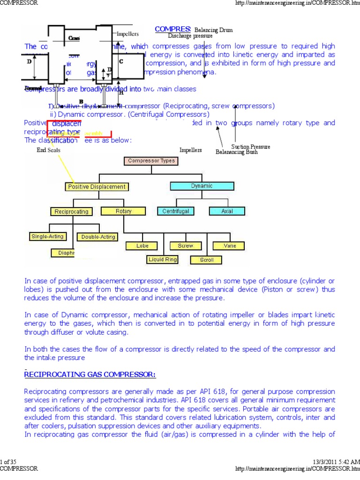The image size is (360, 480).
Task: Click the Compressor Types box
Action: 151,161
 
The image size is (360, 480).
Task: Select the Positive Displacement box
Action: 97,187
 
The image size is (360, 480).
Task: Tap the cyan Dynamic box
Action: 202,186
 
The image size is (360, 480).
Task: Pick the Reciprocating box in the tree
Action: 71,211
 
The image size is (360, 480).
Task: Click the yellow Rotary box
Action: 123,211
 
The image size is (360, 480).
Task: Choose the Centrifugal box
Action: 176,211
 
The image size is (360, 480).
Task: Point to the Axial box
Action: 227,211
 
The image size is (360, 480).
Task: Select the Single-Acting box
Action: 47,236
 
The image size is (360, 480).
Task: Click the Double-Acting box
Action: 98,237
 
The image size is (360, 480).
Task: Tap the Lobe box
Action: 142,246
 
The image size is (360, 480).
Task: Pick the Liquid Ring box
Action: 163,259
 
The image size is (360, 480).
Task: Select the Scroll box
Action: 207,260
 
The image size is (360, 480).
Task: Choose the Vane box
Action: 230,246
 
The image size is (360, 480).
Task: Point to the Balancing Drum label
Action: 213,30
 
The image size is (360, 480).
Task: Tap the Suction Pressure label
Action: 251,147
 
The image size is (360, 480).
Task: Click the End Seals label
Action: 48,150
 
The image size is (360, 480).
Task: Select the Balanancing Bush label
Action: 236,152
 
